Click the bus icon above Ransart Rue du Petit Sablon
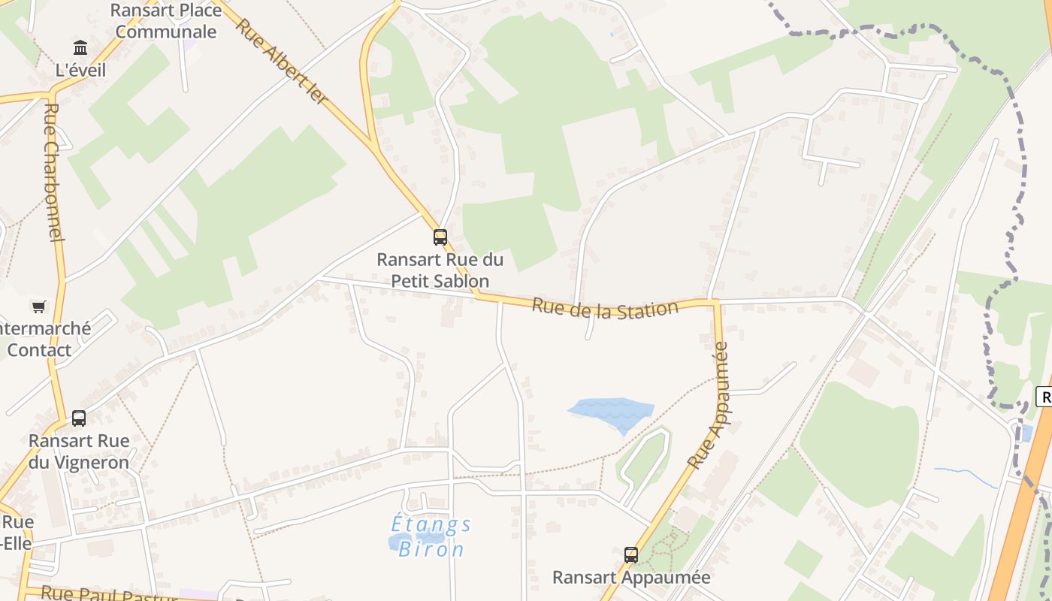coord(440,237)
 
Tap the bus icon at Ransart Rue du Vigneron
coord(79,418)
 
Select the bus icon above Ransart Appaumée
coord(631,555)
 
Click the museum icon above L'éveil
coord(80,49)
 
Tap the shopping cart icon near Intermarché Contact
coord(38,307)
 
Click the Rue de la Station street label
coord(605,309)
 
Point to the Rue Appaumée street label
coord(709,406)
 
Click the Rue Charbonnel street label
coord(52,171)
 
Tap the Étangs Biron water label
coord(432,536)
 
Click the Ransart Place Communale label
coord(166,21)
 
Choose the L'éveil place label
coord(81,70)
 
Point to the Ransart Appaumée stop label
coord(631,577)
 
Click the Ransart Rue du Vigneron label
coord(79,451)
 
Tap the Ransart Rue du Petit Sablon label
coord(440,270)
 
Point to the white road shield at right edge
coord(1044,397)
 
